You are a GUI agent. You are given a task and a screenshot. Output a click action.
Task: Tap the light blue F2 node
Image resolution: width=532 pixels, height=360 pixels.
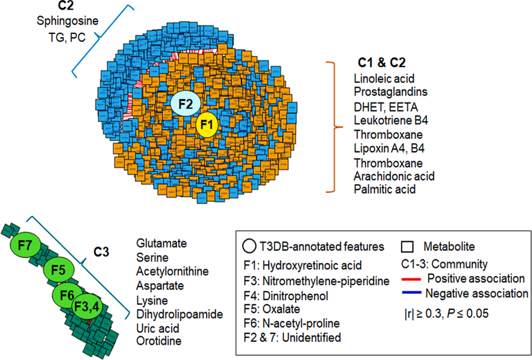186,105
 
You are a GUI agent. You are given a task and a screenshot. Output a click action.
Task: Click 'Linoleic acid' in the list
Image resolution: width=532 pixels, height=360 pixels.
384,79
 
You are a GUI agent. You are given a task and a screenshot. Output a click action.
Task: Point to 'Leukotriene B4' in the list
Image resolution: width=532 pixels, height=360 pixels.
392,121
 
